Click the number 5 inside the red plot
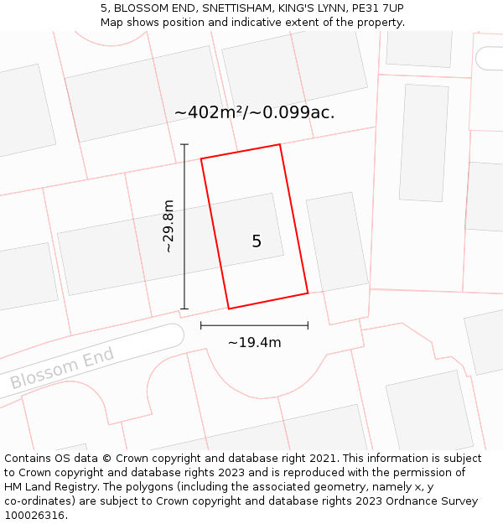point(257,241)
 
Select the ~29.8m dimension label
point(169,226)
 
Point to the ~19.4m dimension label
point(254,342)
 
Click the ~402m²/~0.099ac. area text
point(254,112)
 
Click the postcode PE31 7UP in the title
point(377,8)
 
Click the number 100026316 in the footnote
point(33,516)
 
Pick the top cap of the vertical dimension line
point(184,144)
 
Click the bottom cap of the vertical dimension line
point(184,309)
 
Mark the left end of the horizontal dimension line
point(201,325)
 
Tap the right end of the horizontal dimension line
point(308,325)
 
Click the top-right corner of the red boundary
point(279,144)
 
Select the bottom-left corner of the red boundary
point(229,309)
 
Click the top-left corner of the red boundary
point(201,158)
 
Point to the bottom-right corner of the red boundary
point(308,293)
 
